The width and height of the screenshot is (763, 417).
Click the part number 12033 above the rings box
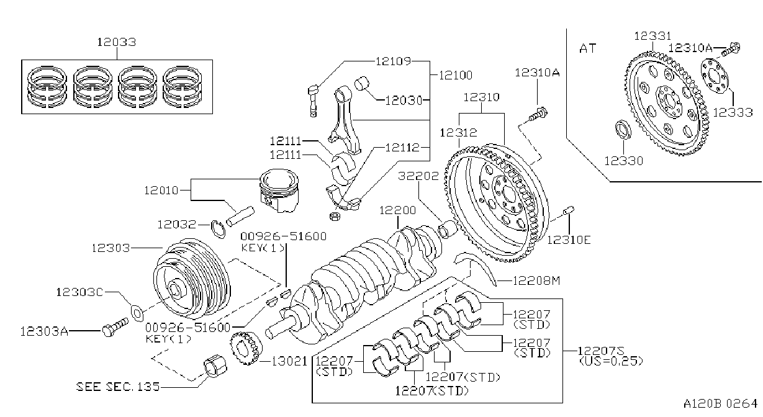coord(117,42)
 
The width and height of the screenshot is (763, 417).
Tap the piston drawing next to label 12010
coord(279,191)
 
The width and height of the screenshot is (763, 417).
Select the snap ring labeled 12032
coord(218,229)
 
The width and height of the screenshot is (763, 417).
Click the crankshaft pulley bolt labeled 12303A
coord(115,327)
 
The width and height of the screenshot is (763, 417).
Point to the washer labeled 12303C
coord(137,313)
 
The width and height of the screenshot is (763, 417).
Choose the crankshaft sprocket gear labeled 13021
coord(246,348)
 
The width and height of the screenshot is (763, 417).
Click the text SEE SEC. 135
coord(118,387)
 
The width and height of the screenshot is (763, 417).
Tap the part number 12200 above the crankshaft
coord(397,210)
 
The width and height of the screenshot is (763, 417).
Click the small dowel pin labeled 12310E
coord(569,211)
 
